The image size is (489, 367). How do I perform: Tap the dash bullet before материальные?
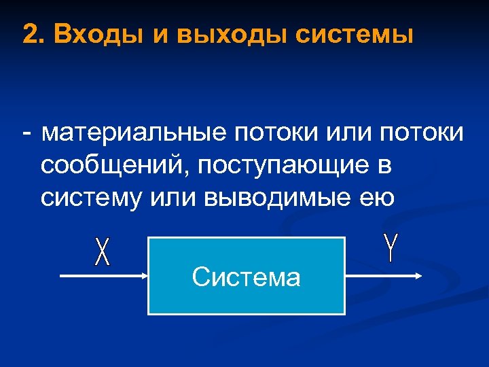click(x=26, y=133)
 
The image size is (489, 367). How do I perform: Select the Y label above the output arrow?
click(x=390, y=247)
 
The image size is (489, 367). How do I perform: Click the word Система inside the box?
click(x=246, y=277)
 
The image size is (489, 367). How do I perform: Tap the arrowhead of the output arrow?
click(x=419, y=276)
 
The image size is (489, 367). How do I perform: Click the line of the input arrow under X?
click(x=102, y=276)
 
